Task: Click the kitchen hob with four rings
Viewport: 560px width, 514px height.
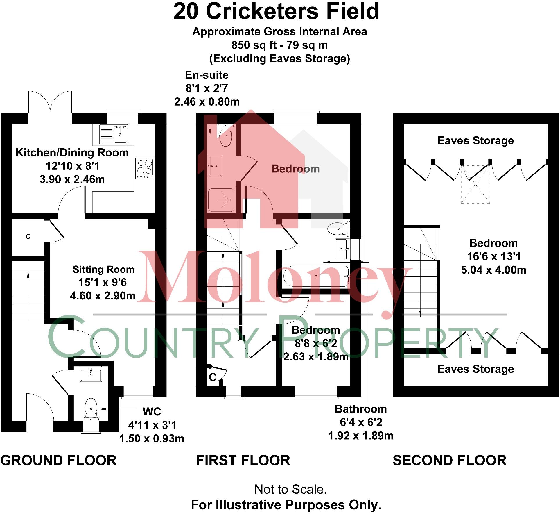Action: click(x=145, y=169)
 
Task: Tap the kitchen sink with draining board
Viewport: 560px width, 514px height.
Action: click(x=114, y=134)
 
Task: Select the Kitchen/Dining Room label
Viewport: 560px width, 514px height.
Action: click(x=72, y=153)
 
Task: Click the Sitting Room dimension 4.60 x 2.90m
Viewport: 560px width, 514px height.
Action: click(x=103, y=296)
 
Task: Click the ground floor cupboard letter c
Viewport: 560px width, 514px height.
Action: click(x=28, y=236)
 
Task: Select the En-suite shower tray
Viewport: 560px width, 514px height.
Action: click(x=221, y=200)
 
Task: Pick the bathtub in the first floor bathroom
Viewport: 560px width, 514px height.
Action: click(x=316, y=276)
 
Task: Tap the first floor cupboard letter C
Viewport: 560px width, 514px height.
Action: click(x=213, y=377)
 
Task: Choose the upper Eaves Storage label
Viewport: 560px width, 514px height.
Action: click(x=475, y=141)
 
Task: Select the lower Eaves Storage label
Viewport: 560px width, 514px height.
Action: click(x=475, y=369)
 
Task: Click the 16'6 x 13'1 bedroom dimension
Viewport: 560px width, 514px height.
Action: click(x=494, y=256)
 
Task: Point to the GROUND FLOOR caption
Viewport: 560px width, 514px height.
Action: click(x=58, y=461)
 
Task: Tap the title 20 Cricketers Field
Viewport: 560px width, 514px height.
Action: click(x=276, y=11)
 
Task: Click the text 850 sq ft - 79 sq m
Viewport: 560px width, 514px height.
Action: click(x=279, y=45)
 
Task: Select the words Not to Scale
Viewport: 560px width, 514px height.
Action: click(x=290, y=490)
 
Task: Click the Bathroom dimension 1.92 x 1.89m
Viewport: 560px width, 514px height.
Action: click(x=361, y=436)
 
